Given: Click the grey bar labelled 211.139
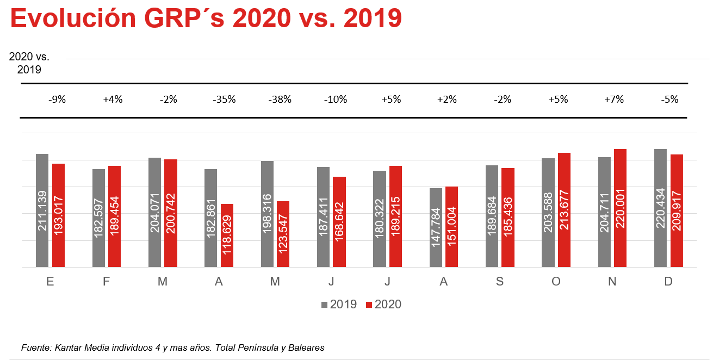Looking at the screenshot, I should (42, 210).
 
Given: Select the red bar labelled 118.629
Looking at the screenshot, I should (227, 235).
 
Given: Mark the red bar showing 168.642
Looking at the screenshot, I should (339, 222).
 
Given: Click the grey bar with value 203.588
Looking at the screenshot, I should (548, 213).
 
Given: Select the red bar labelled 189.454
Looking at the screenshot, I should (114, 216).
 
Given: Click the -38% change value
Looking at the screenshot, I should (281, 100).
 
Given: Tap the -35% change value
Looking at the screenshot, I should (224, 100).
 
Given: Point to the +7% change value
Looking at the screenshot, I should (614, 100).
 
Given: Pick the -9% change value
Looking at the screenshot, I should (57, 100).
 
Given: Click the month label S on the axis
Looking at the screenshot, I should (500, 282).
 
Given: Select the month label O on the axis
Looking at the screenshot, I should (556, 282).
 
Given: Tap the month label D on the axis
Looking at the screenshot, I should (668, 282).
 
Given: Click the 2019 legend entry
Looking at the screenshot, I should (339, 305).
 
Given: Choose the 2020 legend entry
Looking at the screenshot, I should (384, 305).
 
